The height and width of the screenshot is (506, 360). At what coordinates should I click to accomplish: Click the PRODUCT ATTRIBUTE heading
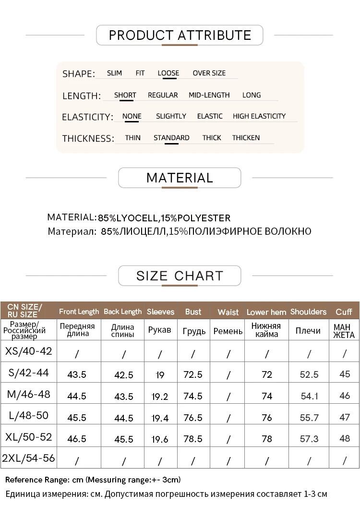(x=180, y=35)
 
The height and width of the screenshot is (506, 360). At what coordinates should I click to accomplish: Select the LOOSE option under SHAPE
(x=168, y=73)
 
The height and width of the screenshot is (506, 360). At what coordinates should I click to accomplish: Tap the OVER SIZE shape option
(x=209, y=73)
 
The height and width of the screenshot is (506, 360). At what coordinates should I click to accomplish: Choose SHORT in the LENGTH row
(x=125, y=95)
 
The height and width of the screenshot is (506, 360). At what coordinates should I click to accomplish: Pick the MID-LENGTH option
(x=209, y=95)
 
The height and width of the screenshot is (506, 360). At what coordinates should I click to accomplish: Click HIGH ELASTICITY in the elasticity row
(x=259, y=116)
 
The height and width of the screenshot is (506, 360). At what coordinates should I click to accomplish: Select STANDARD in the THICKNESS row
(x=171, y=138)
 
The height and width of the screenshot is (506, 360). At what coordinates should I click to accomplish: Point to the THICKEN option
(x=246, y=138)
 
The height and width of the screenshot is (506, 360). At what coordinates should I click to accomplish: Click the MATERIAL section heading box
(x=180, y=178)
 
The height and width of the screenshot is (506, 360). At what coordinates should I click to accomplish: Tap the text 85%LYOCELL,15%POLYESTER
(x=164, y=218)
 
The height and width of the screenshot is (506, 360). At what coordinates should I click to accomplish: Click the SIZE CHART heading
(x=180, y=276)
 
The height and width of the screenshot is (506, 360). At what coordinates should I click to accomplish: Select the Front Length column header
(x=79, y=312)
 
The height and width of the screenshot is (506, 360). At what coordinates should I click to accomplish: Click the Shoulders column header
(x=308, y=312)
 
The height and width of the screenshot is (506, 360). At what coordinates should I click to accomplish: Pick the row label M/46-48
(x=28, y=395)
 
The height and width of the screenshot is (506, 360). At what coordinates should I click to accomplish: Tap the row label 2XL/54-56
(x=28, y=458)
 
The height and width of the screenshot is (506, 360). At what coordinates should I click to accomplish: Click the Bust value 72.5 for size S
(x=193, y=374)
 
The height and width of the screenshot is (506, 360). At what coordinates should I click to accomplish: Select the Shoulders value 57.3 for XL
(x=309, y=439)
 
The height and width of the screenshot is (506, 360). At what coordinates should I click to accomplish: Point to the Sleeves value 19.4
(x=160, y=418)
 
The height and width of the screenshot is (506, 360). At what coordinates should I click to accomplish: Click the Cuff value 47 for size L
(x=345, y=417)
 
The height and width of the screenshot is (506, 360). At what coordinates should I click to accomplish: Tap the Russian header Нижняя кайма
(x=267, y=330)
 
